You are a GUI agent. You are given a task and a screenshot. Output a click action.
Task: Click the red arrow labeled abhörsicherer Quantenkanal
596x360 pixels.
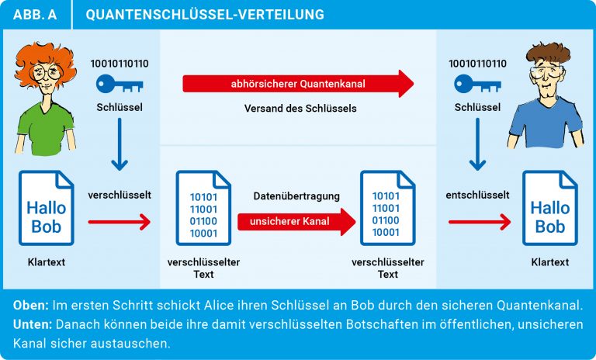tap(298, 84)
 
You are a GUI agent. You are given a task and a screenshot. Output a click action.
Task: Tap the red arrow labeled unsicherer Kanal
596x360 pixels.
tap(296, 222)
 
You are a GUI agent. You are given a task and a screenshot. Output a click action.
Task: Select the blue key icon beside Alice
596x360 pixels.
tap(120, 84)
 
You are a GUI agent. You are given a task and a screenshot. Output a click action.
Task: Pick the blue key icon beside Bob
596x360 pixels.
tap(477, 84)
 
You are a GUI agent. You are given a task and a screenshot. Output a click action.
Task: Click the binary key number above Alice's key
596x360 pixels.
tap(120, 64)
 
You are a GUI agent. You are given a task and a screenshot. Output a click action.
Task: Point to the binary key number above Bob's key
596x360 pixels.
tap(477, 64)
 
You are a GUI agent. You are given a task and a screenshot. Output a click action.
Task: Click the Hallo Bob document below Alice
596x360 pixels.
tap(47, 208)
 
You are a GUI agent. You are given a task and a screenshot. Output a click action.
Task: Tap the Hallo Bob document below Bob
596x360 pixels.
tap(550, 208)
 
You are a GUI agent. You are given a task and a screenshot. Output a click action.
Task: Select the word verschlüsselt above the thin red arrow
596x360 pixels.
tap(120, 195)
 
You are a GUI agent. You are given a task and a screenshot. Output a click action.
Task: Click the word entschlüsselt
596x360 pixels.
tap(477, 195)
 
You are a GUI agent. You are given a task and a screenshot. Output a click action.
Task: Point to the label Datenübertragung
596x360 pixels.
tap(296, 196)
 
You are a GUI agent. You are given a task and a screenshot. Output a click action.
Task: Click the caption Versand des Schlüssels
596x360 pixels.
tap(300, 109)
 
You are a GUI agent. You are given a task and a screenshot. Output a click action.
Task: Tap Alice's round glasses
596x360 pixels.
tap(47, 72)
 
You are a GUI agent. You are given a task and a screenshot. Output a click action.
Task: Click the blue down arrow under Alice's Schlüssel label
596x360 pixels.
tap(120, 144)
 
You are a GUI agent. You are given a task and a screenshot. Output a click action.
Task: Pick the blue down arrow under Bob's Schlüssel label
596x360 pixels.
tap(477, 144)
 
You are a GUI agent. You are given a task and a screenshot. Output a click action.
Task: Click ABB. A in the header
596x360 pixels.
tap(35, 15)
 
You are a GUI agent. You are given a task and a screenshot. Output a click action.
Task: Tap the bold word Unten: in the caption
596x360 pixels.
tap(33, 324)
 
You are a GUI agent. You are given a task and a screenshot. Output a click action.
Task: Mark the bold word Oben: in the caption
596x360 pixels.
tap(31, 305)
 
